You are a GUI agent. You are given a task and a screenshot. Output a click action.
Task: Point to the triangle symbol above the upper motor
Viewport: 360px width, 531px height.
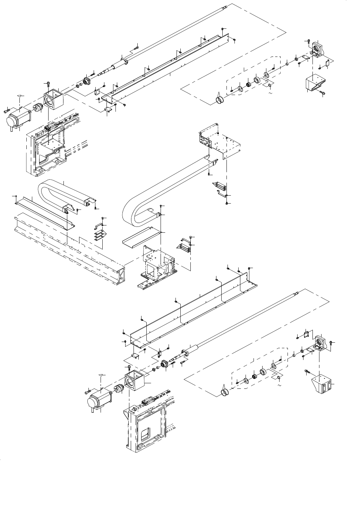click(x=21, y=95)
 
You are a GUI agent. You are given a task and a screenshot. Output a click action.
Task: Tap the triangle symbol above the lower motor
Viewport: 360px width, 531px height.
click(x=101, y=375)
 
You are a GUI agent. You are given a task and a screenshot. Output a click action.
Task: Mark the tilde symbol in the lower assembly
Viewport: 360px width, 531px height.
click(x=280, y=385)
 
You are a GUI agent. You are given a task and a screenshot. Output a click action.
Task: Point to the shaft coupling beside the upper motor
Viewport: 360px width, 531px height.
click(x=37, y=108)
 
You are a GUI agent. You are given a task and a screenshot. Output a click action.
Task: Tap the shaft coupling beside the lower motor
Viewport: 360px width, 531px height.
click(x=119, y=389)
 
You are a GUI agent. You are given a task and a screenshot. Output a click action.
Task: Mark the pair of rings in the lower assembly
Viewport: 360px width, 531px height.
click(x=225, y=392)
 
